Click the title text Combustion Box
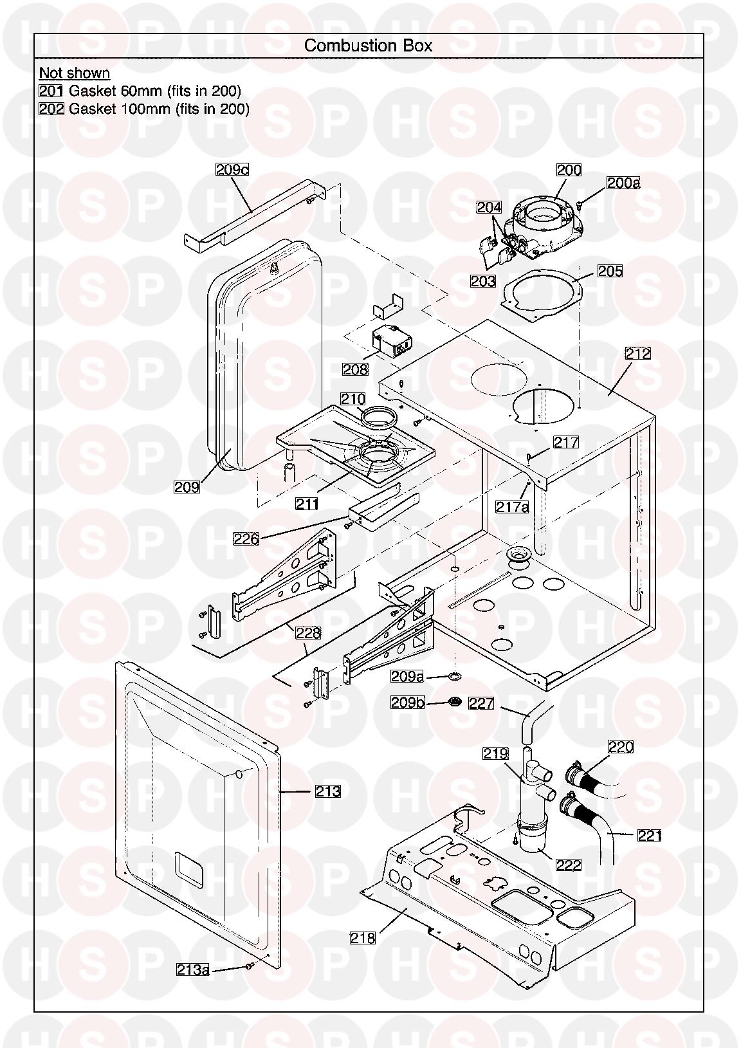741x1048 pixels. tap(368, 46)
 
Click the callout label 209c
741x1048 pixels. tap(232, 170)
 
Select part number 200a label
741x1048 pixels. tap(623, 183)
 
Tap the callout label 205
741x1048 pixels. tap(610, 271)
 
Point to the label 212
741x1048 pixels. tap(637, 353)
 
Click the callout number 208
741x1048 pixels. tap(355, 369)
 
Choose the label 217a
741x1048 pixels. tap(513, 507)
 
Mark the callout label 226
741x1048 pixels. tap(246, 539)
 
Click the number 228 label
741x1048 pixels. tap(308, 633)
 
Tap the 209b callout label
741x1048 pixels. tap(408, 703)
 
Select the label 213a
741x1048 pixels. tap(193, 970)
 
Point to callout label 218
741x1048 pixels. tap(363, 939)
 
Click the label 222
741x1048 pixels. tap(569, 865)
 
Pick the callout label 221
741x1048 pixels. tap(650, 836)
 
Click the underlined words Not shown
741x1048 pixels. tap(75, 73)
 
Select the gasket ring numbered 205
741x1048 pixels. tap(540, 295)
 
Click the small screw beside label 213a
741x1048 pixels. tap(248, 966)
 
